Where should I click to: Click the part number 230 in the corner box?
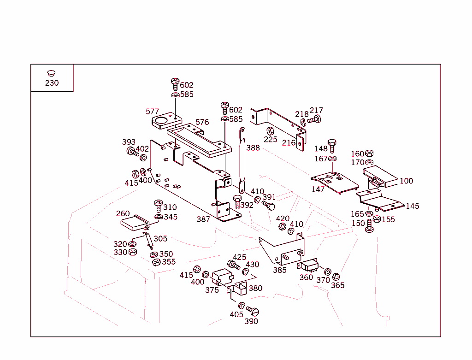click(x=52, y=83)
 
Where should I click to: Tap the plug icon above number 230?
click(x=51, y=73)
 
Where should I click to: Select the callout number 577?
click(x=152, y=112)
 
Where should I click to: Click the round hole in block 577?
click(x=161, y=121)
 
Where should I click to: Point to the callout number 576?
click(x=202, y=122)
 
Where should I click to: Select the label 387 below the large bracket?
click(x=203, y=219)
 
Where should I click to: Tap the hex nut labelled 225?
click(x=271, y=131)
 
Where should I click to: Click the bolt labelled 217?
click(x=314, y=119)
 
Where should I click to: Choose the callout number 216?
click(x=289, y=143)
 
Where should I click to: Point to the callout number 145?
click(x=413, y=206)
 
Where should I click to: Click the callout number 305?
click(x=160, y=239)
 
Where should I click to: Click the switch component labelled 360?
click(x=309, y=266)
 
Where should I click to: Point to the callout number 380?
click(x=255, y=289)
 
